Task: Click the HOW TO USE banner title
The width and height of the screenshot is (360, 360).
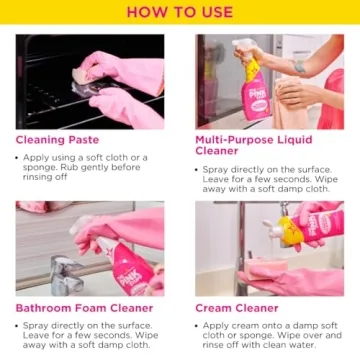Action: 179,12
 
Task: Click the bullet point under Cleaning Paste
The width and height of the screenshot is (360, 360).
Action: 20,157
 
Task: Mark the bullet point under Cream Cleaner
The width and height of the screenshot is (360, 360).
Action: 199,326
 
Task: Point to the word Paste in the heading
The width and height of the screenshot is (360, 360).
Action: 84,140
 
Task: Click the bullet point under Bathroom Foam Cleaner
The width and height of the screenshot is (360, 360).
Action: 20,326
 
